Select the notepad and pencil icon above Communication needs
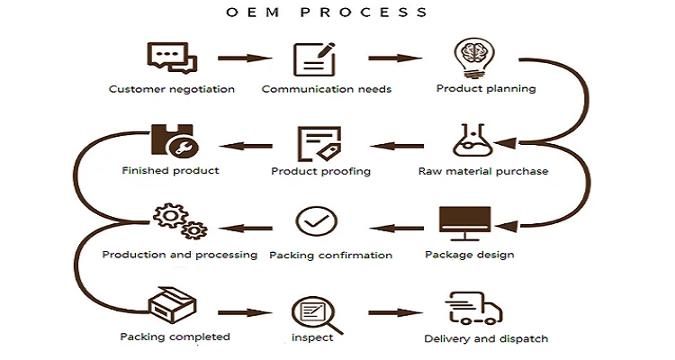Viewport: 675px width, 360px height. (x=315, y=58)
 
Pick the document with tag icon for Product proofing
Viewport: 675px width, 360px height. (x=318, y=143)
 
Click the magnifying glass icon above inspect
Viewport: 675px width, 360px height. (x=315, y=311)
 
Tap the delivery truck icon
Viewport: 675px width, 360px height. (x=475, y=308)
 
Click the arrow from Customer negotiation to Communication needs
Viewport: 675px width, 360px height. (x=245, y=59)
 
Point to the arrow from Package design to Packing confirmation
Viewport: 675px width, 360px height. (x=400, y=227)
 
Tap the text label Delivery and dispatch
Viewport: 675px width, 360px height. (x=486, y=339)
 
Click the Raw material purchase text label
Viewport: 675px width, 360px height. (x=483, y=171)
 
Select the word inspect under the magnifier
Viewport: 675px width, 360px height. (x=313, y=337)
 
